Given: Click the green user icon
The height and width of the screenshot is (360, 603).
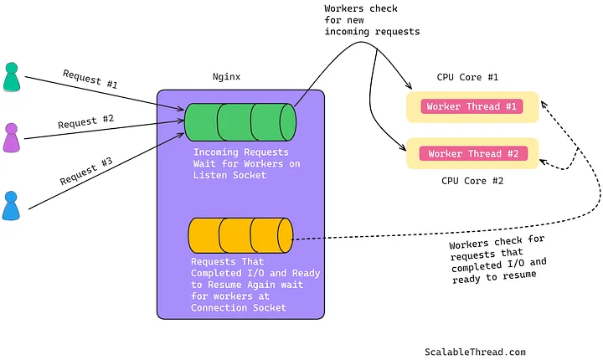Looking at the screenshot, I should click(x=11, y=77).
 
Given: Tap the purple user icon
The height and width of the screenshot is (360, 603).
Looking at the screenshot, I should click(x=11, y=137).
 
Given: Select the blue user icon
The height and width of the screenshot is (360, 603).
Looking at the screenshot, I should click(x=10, y=206).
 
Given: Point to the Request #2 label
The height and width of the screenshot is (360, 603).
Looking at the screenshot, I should click(x=85, y=121).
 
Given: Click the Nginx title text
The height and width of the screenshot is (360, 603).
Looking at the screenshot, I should click(x=226, y=76).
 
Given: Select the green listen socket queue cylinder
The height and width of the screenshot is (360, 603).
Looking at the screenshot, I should click(x=240, y=121).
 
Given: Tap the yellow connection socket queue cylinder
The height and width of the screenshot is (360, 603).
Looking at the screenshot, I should click(x=240, y=236).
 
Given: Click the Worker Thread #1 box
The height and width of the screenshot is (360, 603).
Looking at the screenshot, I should click(x=472, y=107).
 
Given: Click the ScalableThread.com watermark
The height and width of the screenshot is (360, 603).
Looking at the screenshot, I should click(x=475, y=352).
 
